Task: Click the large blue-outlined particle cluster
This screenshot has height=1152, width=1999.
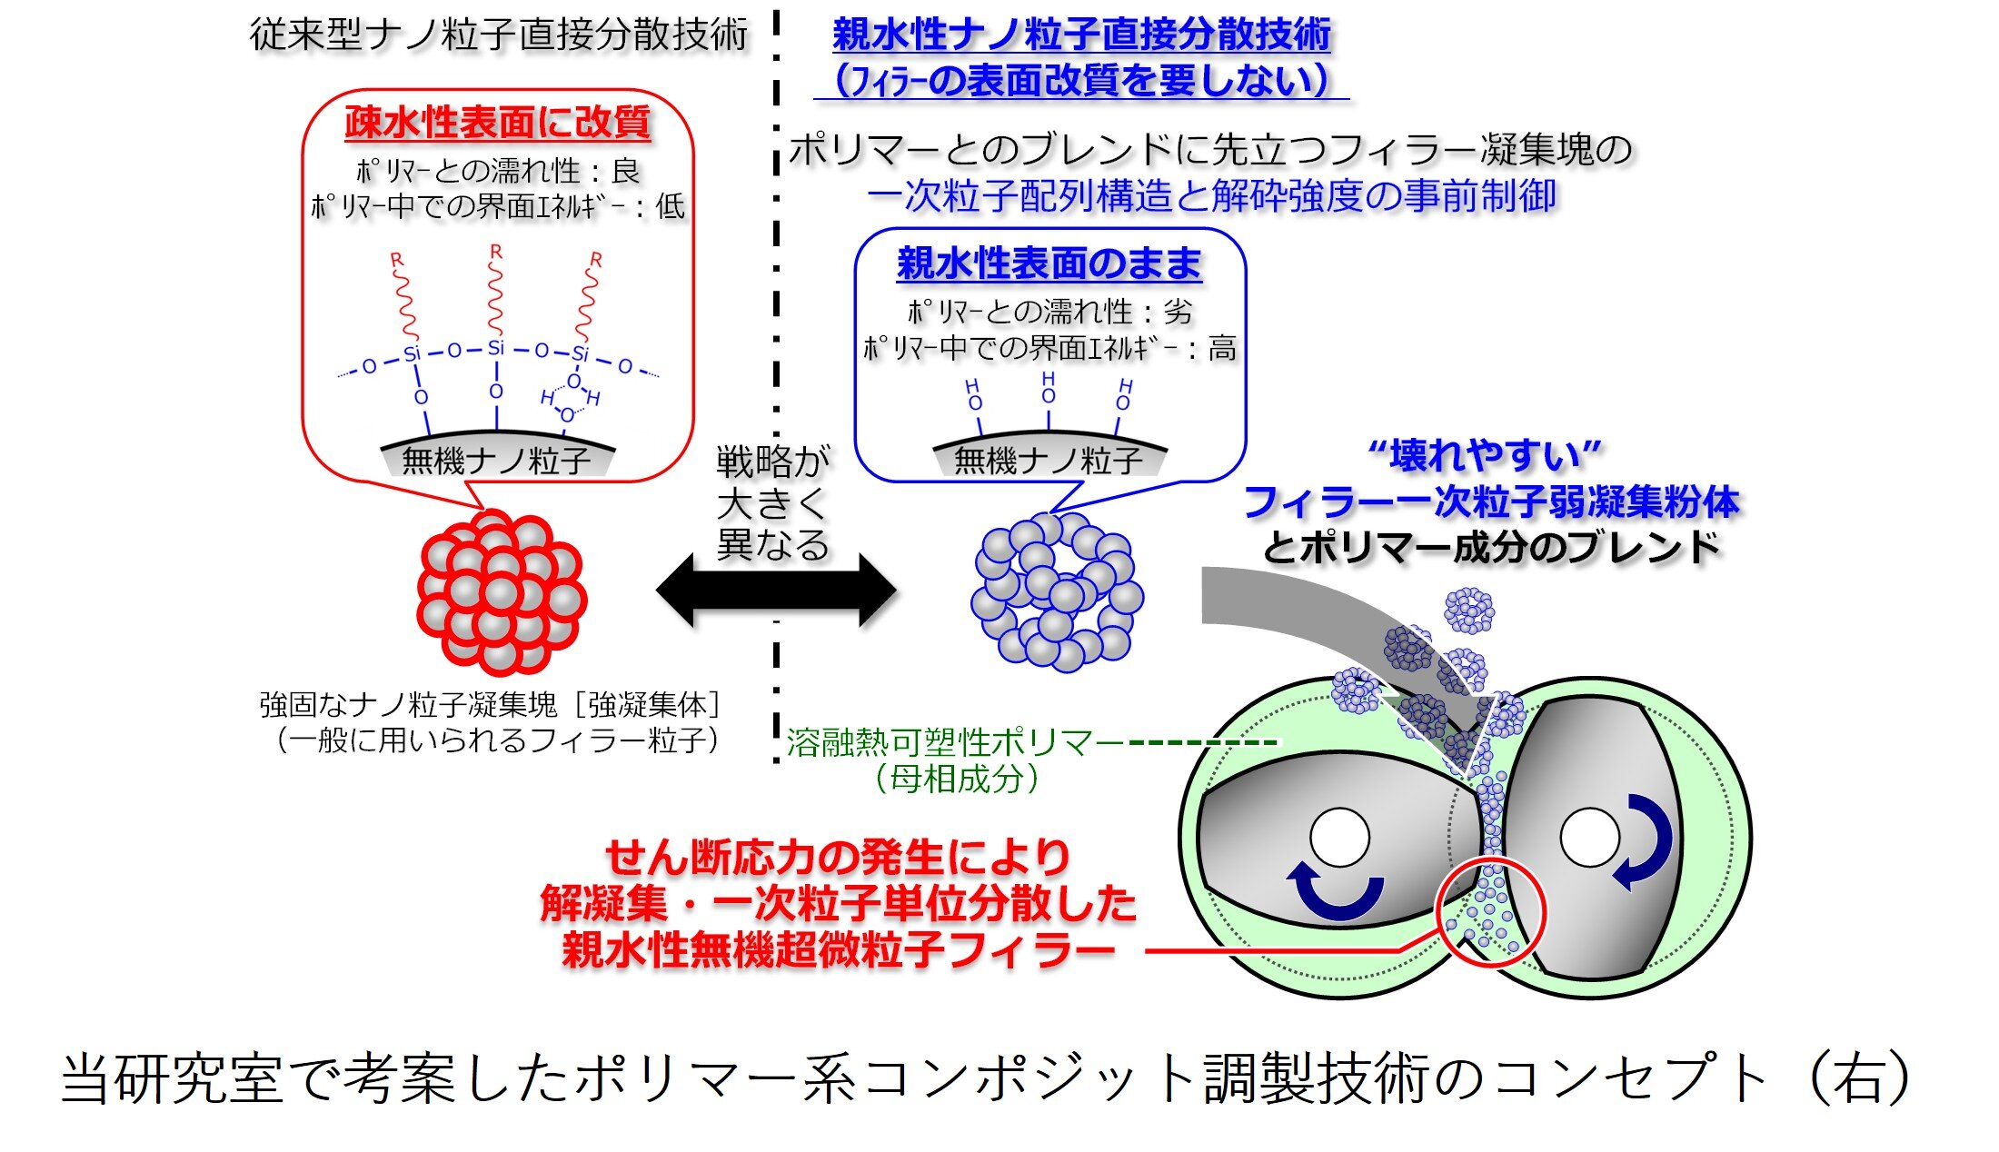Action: [1056, 592]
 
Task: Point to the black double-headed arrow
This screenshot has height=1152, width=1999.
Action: [776, 591]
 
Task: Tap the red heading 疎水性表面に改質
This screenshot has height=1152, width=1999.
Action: [498, 123]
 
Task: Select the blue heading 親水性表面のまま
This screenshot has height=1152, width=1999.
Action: [1049, 264]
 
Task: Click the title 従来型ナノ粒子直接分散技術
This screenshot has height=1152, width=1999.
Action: [498, 35]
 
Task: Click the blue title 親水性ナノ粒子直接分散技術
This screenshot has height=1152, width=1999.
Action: [1081, 35]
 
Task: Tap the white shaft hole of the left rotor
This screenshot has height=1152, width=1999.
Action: [1339, 838]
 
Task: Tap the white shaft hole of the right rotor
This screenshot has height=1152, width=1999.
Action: [1589, 838]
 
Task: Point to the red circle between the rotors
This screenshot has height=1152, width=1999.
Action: [1490, 911]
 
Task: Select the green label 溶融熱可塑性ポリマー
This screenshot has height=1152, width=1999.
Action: [954, 742]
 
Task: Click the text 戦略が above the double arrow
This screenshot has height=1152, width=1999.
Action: [772, 462]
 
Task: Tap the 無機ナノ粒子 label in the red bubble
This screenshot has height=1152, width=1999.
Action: [496, 461]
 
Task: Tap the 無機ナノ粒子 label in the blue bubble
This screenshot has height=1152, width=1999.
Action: [1049, 461]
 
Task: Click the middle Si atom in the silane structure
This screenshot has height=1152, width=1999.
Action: [495, 348]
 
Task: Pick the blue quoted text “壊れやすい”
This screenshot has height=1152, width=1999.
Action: [1485, 455]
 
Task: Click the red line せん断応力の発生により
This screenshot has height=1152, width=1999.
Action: [838, 857]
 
